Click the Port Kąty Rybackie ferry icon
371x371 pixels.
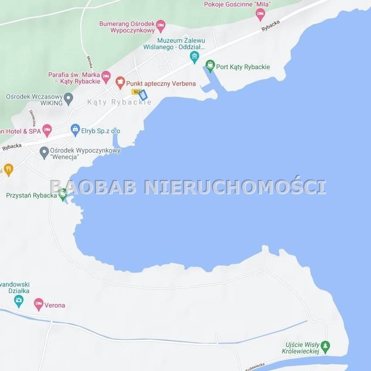click(x=211, y=66)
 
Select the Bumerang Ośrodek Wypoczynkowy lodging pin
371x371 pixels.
click(x=160, y=24)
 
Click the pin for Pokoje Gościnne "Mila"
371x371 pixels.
click(x=261, y=14)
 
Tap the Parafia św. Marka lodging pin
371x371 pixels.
click(x=106, y=76)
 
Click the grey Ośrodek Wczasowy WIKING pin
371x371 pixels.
click(x=69, y=98)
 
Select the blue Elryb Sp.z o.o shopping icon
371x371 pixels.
click(x=75, y=130)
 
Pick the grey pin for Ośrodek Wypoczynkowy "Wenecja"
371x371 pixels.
click(x=45, y=151)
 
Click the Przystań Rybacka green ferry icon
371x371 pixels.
click(x=63, y=196)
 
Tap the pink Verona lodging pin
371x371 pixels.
click(x=39, y=305)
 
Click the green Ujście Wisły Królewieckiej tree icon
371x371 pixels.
click(x=326, y=346)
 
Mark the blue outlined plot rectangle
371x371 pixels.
click(x=143, y=95)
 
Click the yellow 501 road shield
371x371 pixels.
click(x=136, y=92)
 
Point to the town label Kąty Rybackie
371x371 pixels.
click(x=119, y=102)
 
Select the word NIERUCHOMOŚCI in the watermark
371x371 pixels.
click(x=235, y=186)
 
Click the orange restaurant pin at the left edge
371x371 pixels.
click(x=8, y=170)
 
